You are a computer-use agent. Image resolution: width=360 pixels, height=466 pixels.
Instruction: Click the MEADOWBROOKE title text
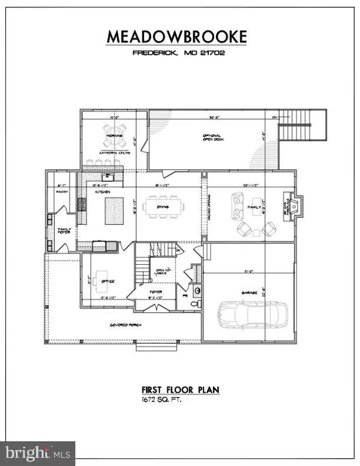[176, 37]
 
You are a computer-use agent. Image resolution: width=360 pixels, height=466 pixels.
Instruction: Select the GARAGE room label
[250, 292]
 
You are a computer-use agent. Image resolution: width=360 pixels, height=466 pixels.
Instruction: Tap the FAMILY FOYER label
[64, 231]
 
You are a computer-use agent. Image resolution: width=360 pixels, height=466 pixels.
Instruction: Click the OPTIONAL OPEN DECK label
[212, 139]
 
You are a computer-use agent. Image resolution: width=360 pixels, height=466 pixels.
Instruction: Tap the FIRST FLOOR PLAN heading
[176, 390]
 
